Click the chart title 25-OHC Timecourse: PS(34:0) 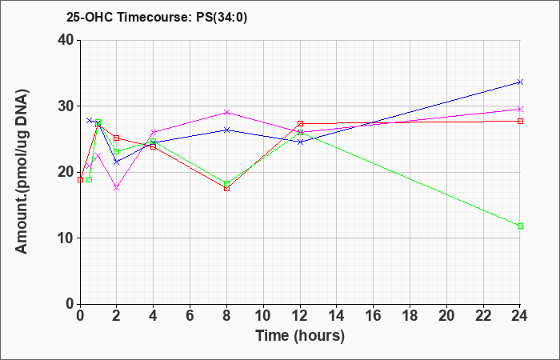coord(157,18)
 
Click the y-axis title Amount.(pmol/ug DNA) coord(22,171)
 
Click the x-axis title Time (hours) coord(300,336)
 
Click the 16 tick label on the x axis coord(374,316)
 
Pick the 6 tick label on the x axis coord(190,316)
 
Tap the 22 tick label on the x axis coord(483,316)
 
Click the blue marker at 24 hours coord(520,82)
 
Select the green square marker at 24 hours coord(520,226)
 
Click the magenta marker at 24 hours coord(520,109)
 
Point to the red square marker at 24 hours coord(520,121)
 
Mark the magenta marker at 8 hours coord(226,113)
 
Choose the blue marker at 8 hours coord(226,130)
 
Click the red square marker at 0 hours coord(80,179)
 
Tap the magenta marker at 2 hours coord(117,188)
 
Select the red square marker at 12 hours coord(300,123)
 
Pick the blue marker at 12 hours coord(300,142)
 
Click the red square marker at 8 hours coord(226,188)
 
